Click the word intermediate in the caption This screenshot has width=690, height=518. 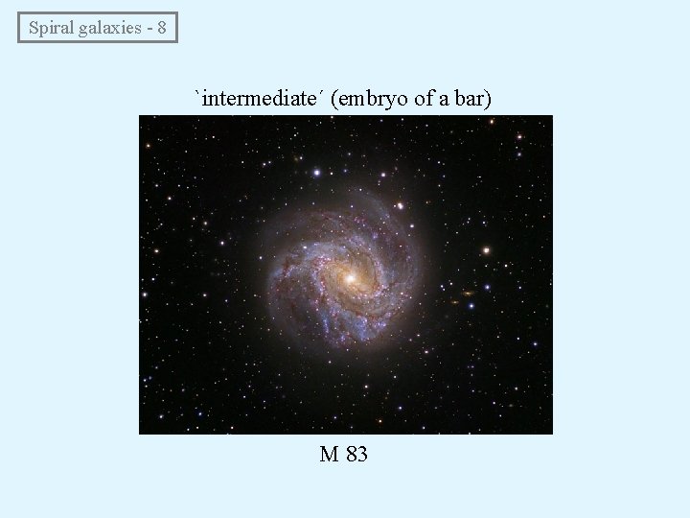tap(261, 98)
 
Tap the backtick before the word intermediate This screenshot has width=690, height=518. tap(199, 94)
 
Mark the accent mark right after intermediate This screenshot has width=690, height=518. tap(323, 94)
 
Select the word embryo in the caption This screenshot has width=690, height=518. tap(376, 99)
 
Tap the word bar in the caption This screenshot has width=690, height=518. tap(472, 98)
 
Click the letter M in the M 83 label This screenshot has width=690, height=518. tap(329, 454)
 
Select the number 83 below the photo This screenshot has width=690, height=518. tap(356, 454)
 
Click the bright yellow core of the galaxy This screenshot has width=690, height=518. tap(349, 278)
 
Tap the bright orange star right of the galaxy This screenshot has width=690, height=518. tap(485, 250)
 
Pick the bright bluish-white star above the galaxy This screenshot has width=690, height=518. tap(316, 173)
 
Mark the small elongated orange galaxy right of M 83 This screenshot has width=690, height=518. tap(469, 293)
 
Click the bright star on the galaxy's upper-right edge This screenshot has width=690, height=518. tap(400, 205)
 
